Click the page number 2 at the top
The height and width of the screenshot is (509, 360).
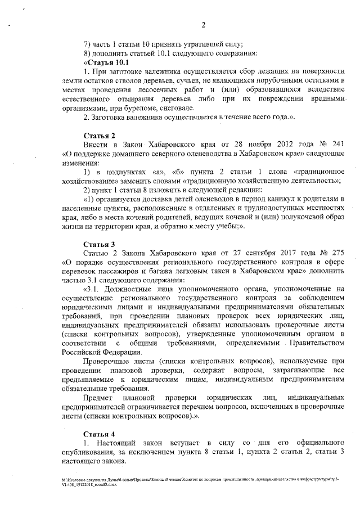(x=202, y=24)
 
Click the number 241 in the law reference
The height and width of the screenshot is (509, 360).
(x=335, y=145)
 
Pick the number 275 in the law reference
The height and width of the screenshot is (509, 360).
(x=335, y=253)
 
